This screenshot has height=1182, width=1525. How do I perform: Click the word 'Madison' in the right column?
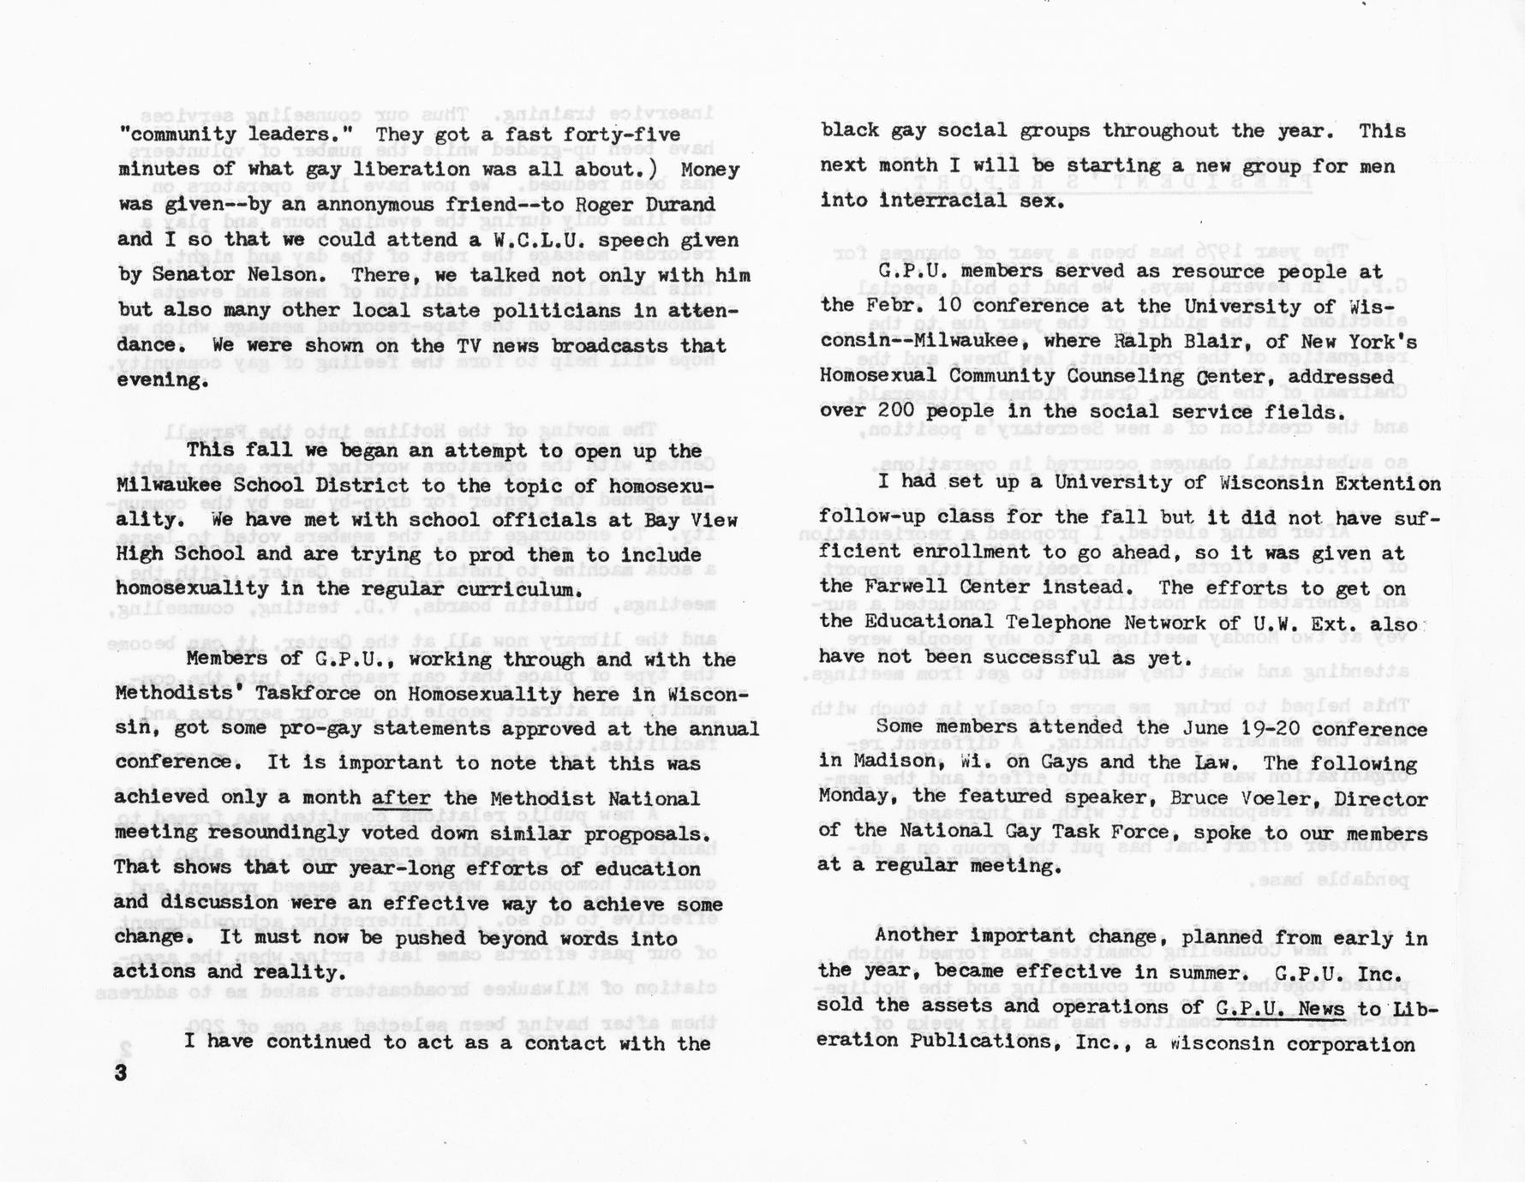pos(894,763)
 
